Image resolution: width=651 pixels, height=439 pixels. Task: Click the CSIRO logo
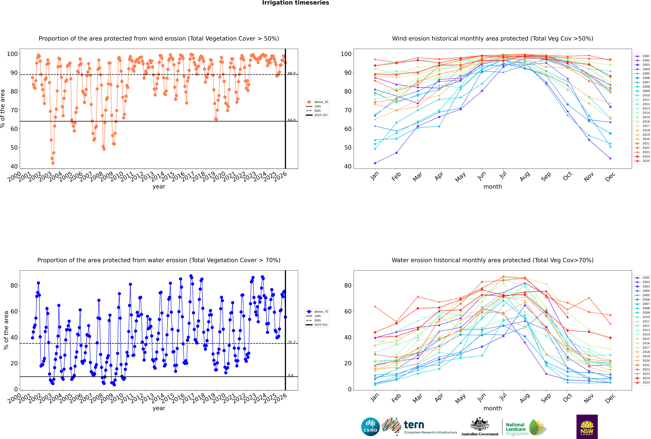coord(370,427)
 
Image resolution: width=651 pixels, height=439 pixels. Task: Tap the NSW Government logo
coord(587,426)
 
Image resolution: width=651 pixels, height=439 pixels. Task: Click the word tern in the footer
coord(414,425)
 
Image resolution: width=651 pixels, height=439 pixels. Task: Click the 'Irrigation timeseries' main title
coord(296,3)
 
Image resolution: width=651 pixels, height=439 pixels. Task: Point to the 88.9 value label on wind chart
coord(292,73)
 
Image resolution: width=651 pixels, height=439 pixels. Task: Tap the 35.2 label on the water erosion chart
coord(292,342)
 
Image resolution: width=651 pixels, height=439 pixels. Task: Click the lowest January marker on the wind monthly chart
coord(375,163)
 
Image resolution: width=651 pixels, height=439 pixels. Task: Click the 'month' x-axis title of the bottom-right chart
coord(493,408)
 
